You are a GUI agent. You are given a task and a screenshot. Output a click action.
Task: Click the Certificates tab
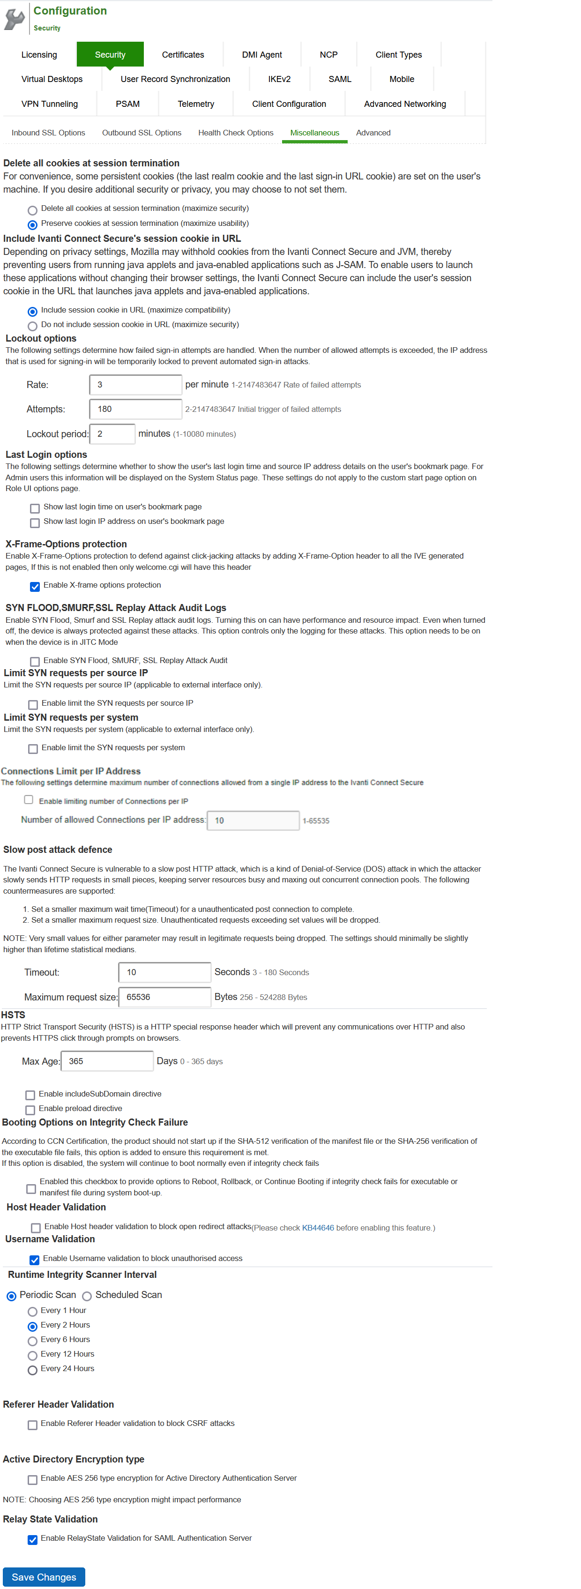click(183, 55)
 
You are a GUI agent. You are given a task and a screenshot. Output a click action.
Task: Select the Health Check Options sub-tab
click(236, 133)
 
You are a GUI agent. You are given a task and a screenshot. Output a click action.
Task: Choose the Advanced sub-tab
click(372, 133)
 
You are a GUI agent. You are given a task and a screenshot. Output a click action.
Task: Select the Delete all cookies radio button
click(33, 210)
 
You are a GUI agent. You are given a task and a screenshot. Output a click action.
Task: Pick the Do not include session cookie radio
click(33, 326)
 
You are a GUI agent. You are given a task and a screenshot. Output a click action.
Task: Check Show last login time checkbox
click(35, 509)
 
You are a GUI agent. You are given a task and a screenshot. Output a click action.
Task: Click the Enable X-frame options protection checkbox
click(35, 587)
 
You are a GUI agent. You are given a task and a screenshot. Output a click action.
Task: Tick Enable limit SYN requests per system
click(33, 749)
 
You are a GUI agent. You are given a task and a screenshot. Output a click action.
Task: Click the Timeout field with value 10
click(164, 973)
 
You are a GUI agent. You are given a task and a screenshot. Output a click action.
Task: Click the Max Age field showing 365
click(107, 1061)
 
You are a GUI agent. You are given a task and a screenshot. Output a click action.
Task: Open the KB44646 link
click(318, 1228)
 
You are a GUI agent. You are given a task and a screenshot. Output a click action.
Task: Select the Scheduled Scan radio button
click(87, 1297)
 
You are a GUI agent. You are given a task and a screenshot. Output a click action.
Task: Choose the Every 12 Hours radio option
click(33, 1356)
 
